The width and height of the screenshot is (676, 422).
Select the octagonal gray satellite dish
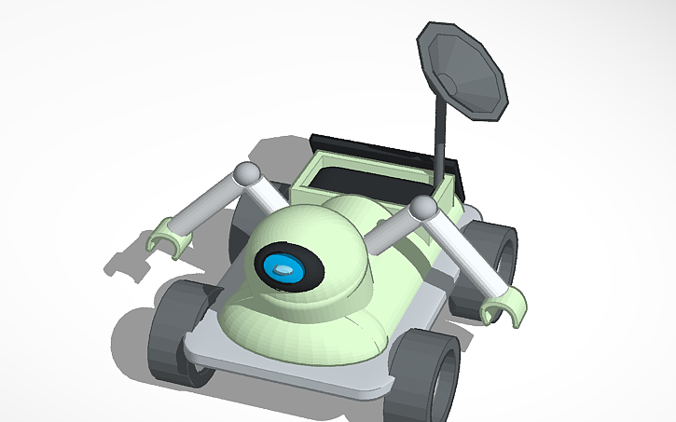[x=463, y=69]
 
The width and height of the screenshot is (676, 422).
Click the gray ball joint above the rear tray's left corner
[x=246, y=174]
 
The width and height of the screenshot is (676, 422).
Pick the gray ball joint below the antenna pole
[x=423, y=209]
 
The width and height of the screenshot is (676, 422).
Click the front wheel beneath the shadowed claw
[x=178, y=332]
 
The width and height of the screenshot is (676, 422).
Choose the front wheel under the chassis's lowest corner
[x=431, y=377]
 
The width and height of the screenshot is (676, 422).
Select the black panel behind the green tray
[x=373, y=146]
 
